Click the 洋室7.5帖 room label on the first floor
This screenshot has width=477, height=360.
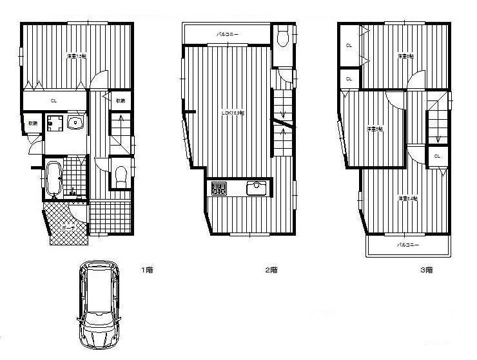coord(77,57)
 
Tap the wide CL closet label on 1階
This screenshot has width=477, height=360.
coord(54,100)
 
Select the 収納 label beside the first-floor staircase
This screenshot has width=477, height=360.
coord(120,100)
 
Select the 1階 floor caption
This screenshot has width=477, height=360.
coord(147,270)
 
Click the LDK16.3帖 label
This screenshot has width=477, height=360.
coord(232,113)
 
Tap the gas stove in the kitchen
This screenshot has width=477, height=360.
coord(219,189)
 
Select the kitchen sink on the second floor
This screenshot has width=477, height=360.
coord(256,188)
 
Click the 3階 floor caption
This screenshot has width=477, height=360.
coord(426,270)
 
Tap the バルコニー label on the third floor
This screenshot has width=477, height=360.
coord(407,245)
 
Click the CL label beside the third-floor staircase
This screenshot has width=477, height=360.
coord(437,156)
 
